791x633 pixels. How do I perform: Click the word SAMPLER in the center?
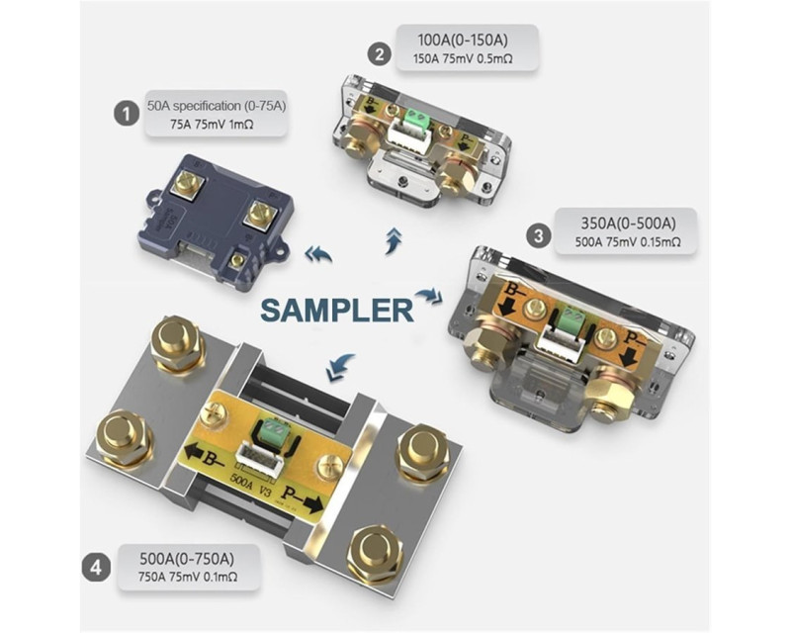[x=337, y=309]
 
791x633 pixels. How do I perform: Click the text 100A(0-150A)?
[x=465, y=41]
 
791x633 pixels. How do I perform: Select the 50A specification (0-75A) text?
[x=217, y=103]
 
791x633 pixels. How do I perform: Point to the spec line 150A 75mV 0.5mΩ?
[x=465, y=60]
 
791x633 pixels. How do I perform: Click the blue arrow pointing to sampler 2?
[x=394, y=238]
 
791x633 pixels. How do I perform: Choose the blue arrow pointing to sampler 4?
[x=341, y=366]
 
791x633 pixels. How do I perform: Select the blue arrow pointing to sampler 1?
[x=317, y=254]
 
